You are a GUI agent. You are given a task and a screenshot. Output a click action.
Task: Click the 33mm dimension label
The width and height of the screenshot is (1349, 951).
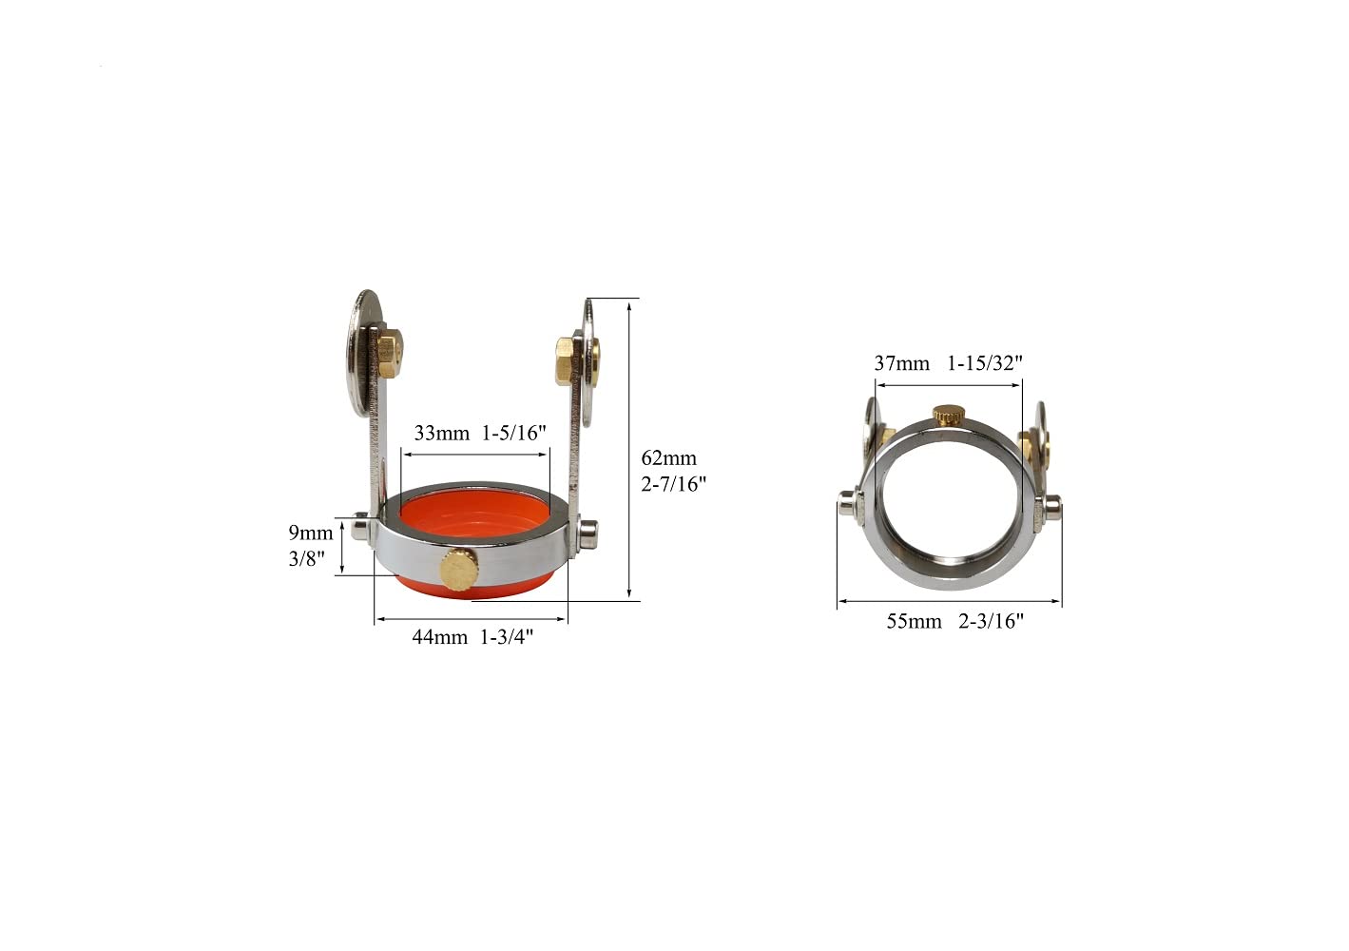(441, 434)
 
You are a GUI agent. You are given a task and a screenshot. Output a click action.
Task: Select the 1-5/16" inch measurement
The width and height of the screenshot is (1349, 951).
(514, 434)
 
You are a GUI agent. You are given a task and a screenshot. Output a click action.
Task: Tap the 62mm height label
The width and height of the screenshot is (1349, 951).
(668, 458)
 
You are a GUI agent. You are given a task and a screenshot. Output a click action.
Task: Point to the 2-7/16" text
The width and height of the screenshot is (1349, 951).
(674, 484)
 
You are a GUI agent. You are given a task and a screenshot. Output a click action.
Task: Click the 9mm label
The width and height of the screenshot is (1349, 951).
(311, 533)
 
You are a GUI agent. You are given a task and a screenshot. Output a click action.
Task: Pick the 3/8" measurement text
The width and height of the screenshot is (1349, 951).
(307, 558)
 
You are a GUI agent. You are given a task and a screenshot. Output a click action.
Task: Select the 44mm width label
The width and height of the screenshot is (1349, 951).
(439, 637)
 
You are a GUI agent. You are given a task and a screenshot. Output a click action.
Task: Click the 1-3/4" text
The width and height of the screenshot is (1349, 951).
(507, 637)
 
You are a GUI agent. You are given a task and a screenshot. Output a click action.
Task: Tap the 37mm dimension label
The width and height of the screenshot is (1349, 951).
(901, 363)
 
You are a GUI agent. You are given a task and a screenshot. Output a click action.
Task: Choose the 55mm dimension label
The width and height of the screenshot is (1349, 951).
(914, 622)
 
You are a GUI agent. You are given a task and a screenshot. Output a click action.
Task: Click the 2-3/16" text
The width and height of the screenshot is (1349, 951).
(992, 622)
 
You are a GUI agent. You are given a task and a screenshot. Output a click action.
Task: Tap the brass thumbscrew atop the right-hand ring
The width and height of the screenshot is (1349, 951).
(948, 415)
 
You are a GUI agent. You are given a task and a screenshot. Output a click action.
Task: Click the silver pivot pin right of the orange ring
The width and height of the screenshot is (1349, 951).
(588, 533)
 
